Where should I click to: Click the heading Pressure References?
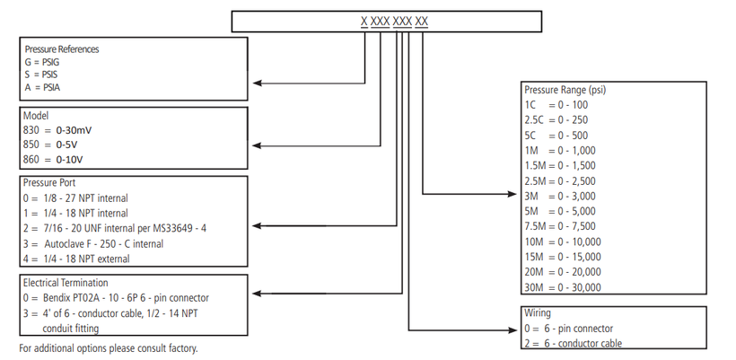(62, 49)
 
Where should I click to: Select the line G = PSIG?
(42, 62)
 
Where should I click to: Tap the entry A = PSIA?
(42, 87)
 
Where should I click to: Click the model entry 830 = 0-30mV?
(57, 130)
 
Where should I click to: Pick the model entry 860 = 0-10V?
(53, 160)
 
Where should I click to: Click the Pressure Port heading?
(49, 183)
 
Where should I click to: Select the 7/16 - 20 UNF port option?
(115, 229)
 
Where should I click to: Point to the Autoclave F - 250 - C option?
(93, 244)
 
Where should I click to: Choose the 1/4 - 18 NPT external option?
(76, 259)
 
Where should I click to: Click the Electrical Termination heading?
(66, 283)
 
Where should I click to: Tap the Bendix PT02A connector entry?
(116, 298)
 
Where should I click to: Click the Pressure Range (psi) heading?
(565, 90)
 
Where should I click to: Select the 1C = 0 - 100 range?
(556, 105)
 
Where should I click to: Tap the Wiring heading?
(538, 313)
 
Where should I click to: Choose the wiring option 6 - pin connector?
(569, 329)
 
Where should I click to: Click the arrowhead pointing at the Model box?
(258, 145)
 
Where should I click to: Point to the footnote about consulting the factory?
(109, 348)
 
